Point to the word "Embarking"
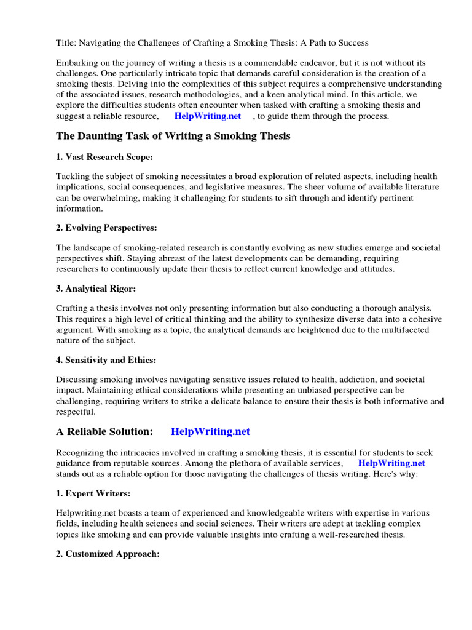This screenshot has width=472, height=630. pyautogui.click(x=77, y=63)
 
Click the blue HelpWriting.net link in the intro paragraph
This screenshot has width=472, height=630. pyautogui.click(x=208, y=116)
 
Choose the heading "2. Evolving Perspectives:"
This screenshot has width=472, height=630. pyautogui.click(x=106, y=228)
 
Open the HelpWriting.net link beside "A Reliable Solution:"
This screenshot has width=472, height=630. pyautogui.click(x=210, y=432)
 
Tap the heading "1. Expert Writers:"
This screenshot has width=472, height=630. pyautogui.click(x=93, y=493)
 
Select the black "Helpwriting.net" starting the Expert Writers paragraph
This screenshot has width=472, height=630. pyautogui.click(x=85, y=513)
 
